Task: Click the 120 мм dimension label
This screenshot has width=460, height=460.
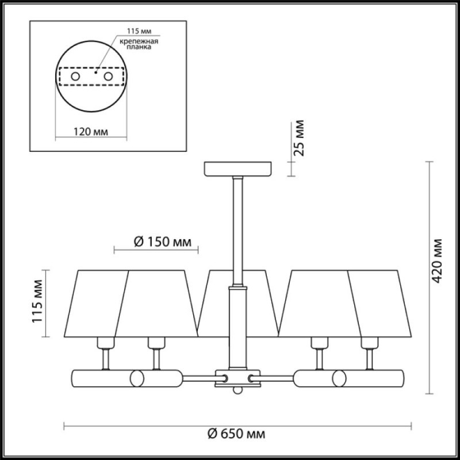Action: (90, 132)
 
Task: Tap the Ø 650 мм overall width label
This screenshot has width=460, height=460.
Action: (236, 434)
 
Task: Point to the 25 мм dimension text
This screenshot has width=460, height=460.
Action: (299, 138)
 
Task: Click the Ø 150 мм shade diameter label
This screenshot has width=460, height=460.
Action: (163, 242)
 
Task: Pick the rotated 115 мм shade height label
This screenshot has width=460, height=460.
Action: (37, 301)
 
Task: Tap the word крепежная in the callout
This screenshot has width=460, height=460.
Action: (139, 41)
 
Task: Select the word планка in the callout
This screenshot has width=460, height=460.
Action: (139, 47)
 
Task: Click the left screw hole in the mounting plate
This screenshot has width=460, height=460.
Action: (75, 76)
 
